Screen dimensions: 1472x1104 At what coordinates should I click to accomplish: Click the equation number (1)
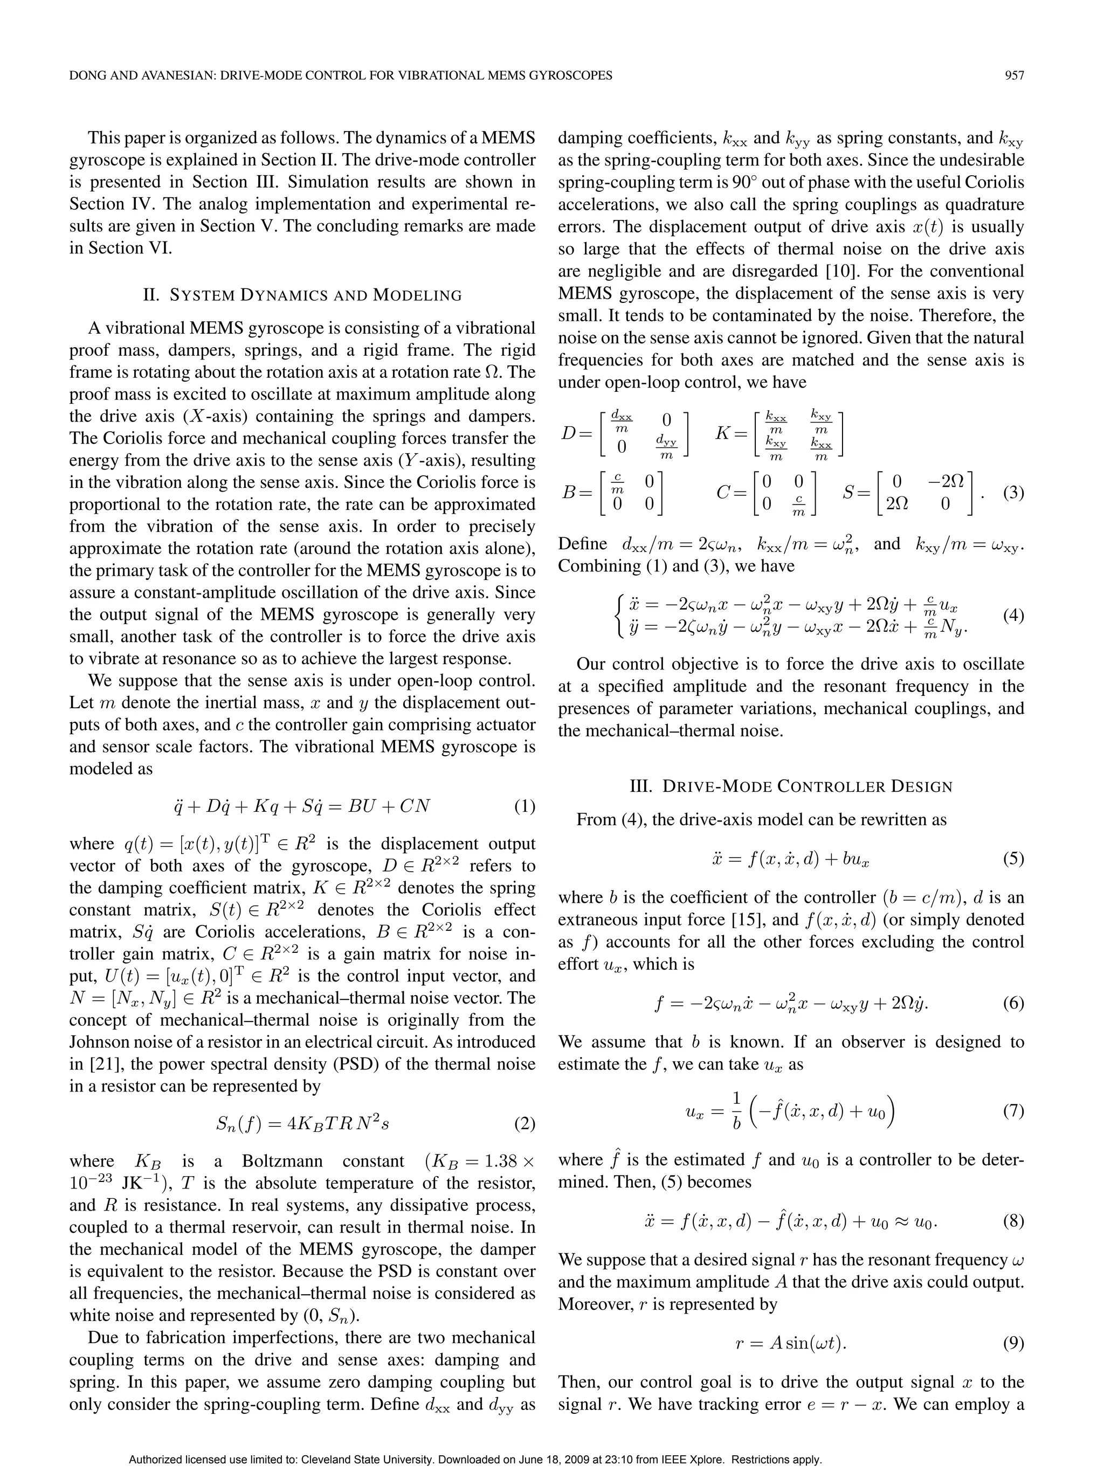(x=525, y=806)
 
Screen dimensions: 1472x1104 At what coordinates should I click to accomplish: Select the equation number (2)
(x=525, y=1124)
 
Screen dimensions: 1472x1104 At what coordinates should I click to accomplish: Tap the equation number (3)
(x=1013, y=493)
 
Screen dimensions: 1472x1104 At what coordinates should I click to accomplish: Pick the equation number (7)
(x=1013, y=1111)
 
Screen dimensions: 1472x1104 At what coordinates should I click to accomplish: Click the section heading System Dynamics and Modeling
(x=303, y=295)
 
